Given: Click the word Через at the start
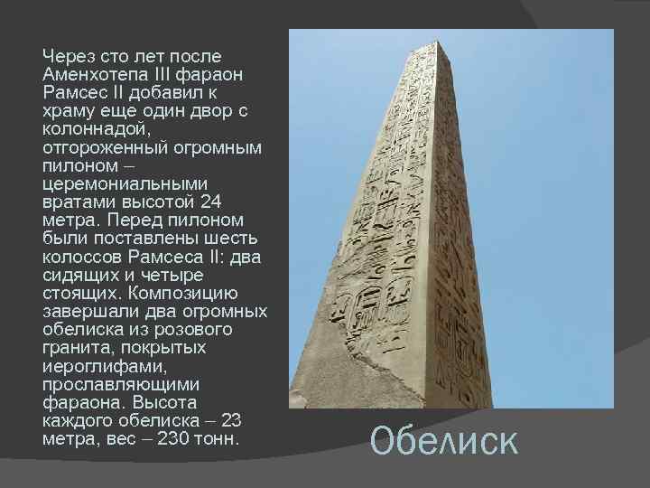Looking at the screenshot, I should (x=70, y=57).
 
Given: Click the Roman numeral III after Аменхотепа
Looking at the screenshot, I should (x=166, y=75).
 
